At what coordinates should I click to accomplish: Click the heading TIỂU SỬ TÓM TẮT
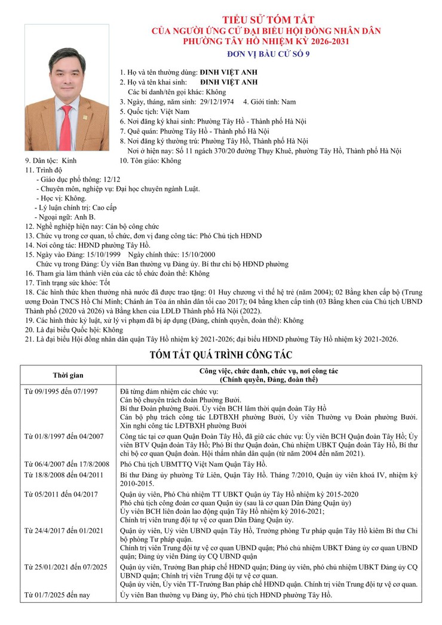click(268, 20)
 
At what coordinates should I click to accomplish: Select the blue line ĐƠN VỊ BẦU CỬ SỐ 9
click(268, 54)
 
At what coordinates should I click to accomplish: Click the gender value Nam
click(288, 101)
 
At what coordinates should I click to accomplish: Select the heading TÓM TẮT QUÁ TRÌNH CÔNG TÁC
click(221, 355)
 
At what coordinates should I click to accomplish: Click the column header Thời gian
click(68, 375)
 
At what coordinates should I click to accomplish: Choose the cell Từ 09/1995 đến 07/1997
click(62, 392)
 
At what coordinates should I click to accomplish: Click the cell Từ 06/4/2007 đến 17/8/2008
click(66, 464)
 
